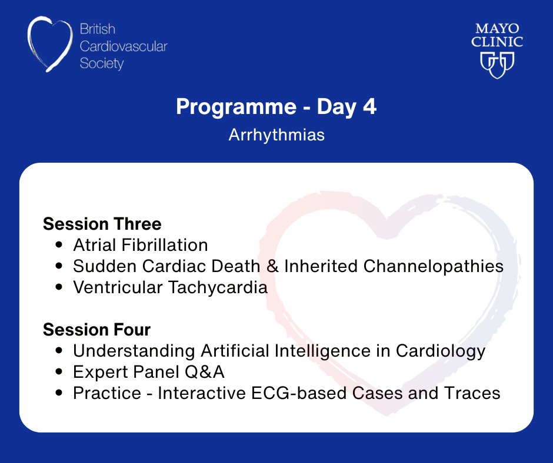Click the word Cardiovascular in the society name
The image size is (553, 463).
coord(123,46)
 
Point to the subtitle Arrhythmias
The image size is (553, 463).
coord(276,135)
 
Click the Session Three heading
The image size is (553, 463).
coord(102,224)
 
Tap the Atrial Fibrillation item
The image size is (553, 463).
coord(140,245)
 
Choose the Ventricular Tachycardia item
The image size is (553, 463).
coord(170,287)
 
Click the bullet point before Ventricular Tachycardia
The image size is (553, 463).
coord(59,288)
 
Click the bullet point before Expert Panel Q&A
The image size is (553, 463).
coord(59,373)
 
